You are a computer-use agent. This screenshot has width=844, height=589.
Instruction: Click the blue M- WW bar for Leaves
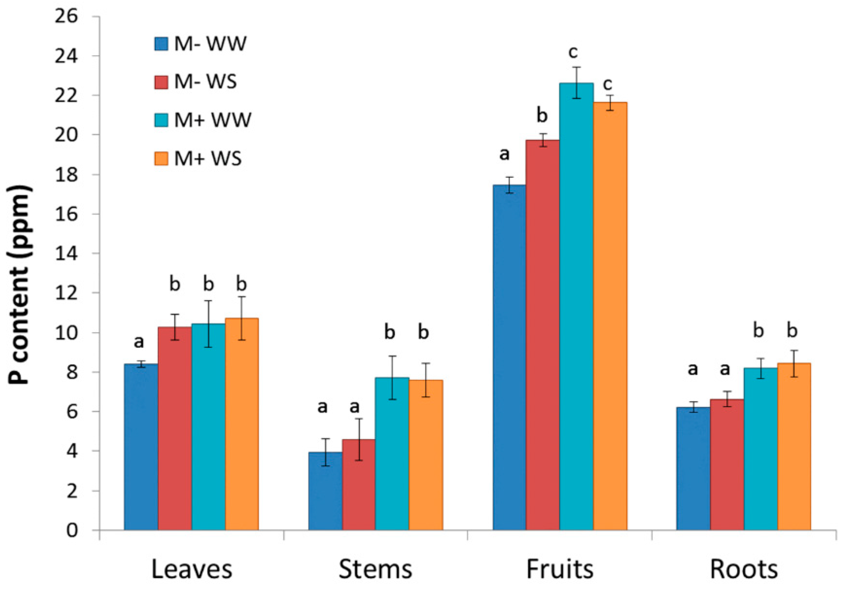pos(141,447)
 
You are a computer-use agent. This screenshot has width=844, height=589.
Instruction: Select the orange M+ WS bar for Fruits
pos(610,316)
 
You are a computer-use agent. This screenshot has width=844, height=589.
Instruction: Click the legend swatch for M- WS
pos(161,82)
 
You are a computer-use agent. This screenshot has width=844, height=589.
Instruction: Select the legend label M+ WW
pos(213,120)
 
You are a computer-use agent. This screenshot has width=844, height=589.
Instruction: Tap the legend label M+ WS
pos(208,158)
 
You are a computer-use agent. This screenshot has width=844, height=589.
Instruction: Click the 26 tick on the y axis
pos(67,16)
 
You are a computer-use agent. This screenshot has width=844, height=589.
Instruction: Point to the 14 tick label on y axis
pos(67,253)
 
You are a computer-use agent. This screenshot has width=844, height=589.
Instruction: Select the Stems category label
pos(375,570)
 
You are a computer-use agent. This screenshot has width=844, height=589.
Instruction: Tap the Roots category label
pos(743,570)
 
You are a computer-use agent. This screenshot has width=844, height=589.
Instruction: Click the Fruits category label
pos(559,570)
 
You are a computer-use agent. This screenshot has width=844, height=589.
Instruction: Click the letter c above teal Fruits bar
pos(573,53)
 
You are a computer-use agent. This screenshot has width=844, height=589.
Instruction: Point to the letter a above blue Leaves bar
pos(139,342)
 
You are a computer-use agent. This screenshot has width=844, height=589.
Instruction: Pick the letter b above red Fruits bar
pos(542,115)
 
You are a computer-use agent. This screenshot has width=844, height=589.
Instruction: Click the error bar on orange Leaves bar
pos(242,318)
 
